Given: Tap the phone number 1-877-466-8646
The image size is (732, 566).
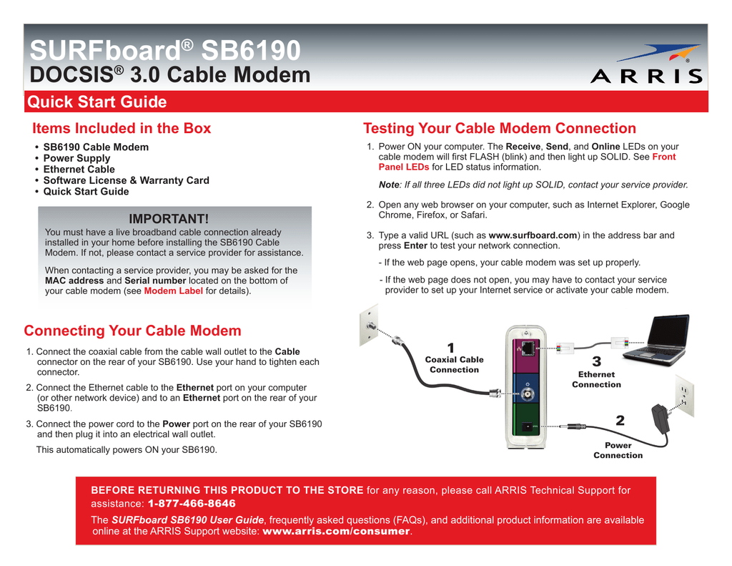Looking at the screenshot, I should coord(192,504).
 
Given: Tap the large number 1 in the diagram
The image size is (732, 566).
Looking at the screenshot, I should coord(451,347).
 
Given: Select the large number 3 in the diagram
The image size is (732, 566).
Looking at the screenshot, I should coord(597,361).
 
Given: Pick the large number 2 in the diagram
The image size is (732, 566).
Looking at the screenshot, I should coord(619,421).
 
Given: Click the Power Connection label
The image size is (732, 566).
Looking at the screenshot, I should coord(618,450).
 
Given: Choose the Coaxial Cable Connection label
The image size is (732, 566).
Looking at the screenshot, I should coord(454,365).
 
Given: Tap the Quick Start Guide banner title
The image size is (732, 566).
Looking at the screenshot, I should coord(97,102).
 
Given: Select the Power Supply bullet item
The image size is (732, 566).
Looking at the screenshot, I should coord(76,158).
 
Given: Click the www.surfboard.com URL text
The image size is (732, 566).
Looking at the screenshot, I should coord(532,235).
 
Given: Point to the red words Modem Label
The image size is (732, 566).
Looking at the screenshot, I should coord(173,291).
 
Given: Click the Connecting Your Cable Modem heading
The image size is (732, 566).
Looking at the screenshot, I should coord(132,331).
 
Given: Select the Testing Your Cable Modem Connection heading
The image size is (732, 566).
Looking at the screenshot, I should coord(499,128).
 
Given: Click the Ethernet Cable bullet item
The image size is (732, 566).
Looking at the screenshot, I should coord(79,169).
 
